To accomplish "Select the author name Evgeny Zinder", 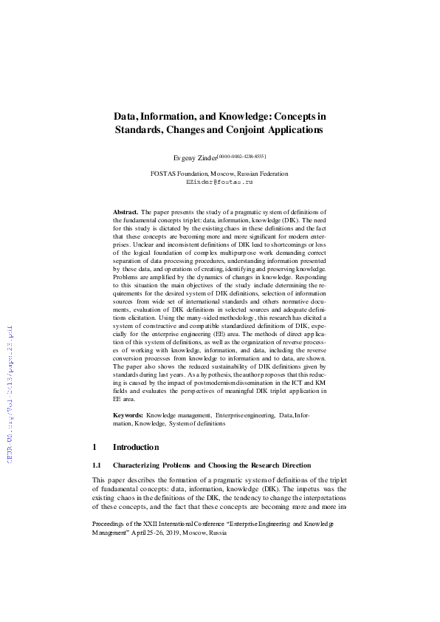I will click(194, 159).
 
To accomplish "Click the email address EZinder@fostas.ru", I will click(219, 181).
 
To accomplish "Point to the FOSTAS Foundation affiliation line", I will click(219, 174).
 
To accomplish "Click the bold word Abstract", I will click(125, 211).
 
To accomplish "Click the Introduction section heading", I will click(135, 447).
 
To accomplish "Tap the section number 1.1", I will click(96, 465).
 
